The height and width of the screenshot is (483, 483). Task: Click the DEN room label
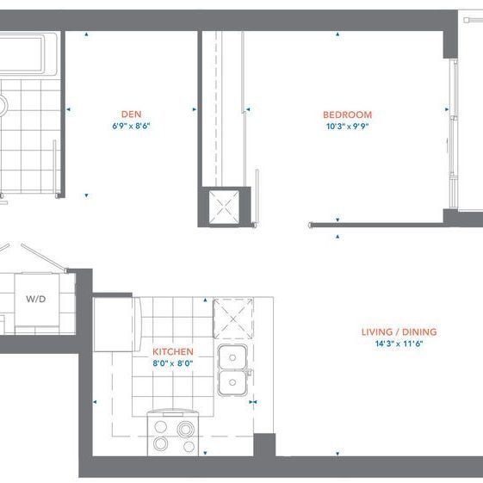[x=131, y=114]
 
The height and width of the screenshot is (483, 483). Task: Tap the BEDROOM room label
[x=347, y=115]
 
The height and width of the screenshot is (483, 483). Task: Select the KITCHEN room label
[x=172, y=352]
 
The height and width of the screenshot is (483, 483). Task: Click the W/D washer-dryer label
[x=35, y=299]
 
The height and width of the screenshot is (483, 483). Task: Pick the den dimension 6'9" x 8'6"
[x=131, y=126]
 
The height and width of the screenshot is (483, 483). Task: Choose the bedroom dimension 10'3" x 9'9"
[x=347, y=127]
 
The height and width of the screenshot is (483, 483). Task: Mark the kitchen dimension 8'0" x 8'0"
[x=172, y=363]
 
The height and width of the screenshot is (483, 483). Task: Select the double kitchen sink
[x=231, y=368]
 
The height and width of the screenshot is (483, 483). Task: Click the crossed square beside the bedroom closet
[x=226, y=206]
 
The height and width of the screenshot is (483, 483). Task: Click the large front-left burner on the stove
[x=161, y=443]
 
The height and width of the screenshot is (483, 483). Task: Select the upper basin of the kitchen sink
[x=231, y=357]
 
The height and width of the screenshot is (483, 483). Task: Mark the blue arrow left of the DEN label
[x=68, y=109]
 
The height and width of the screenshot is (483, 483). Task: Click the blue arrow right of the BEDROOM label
[x=446, y=109]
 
